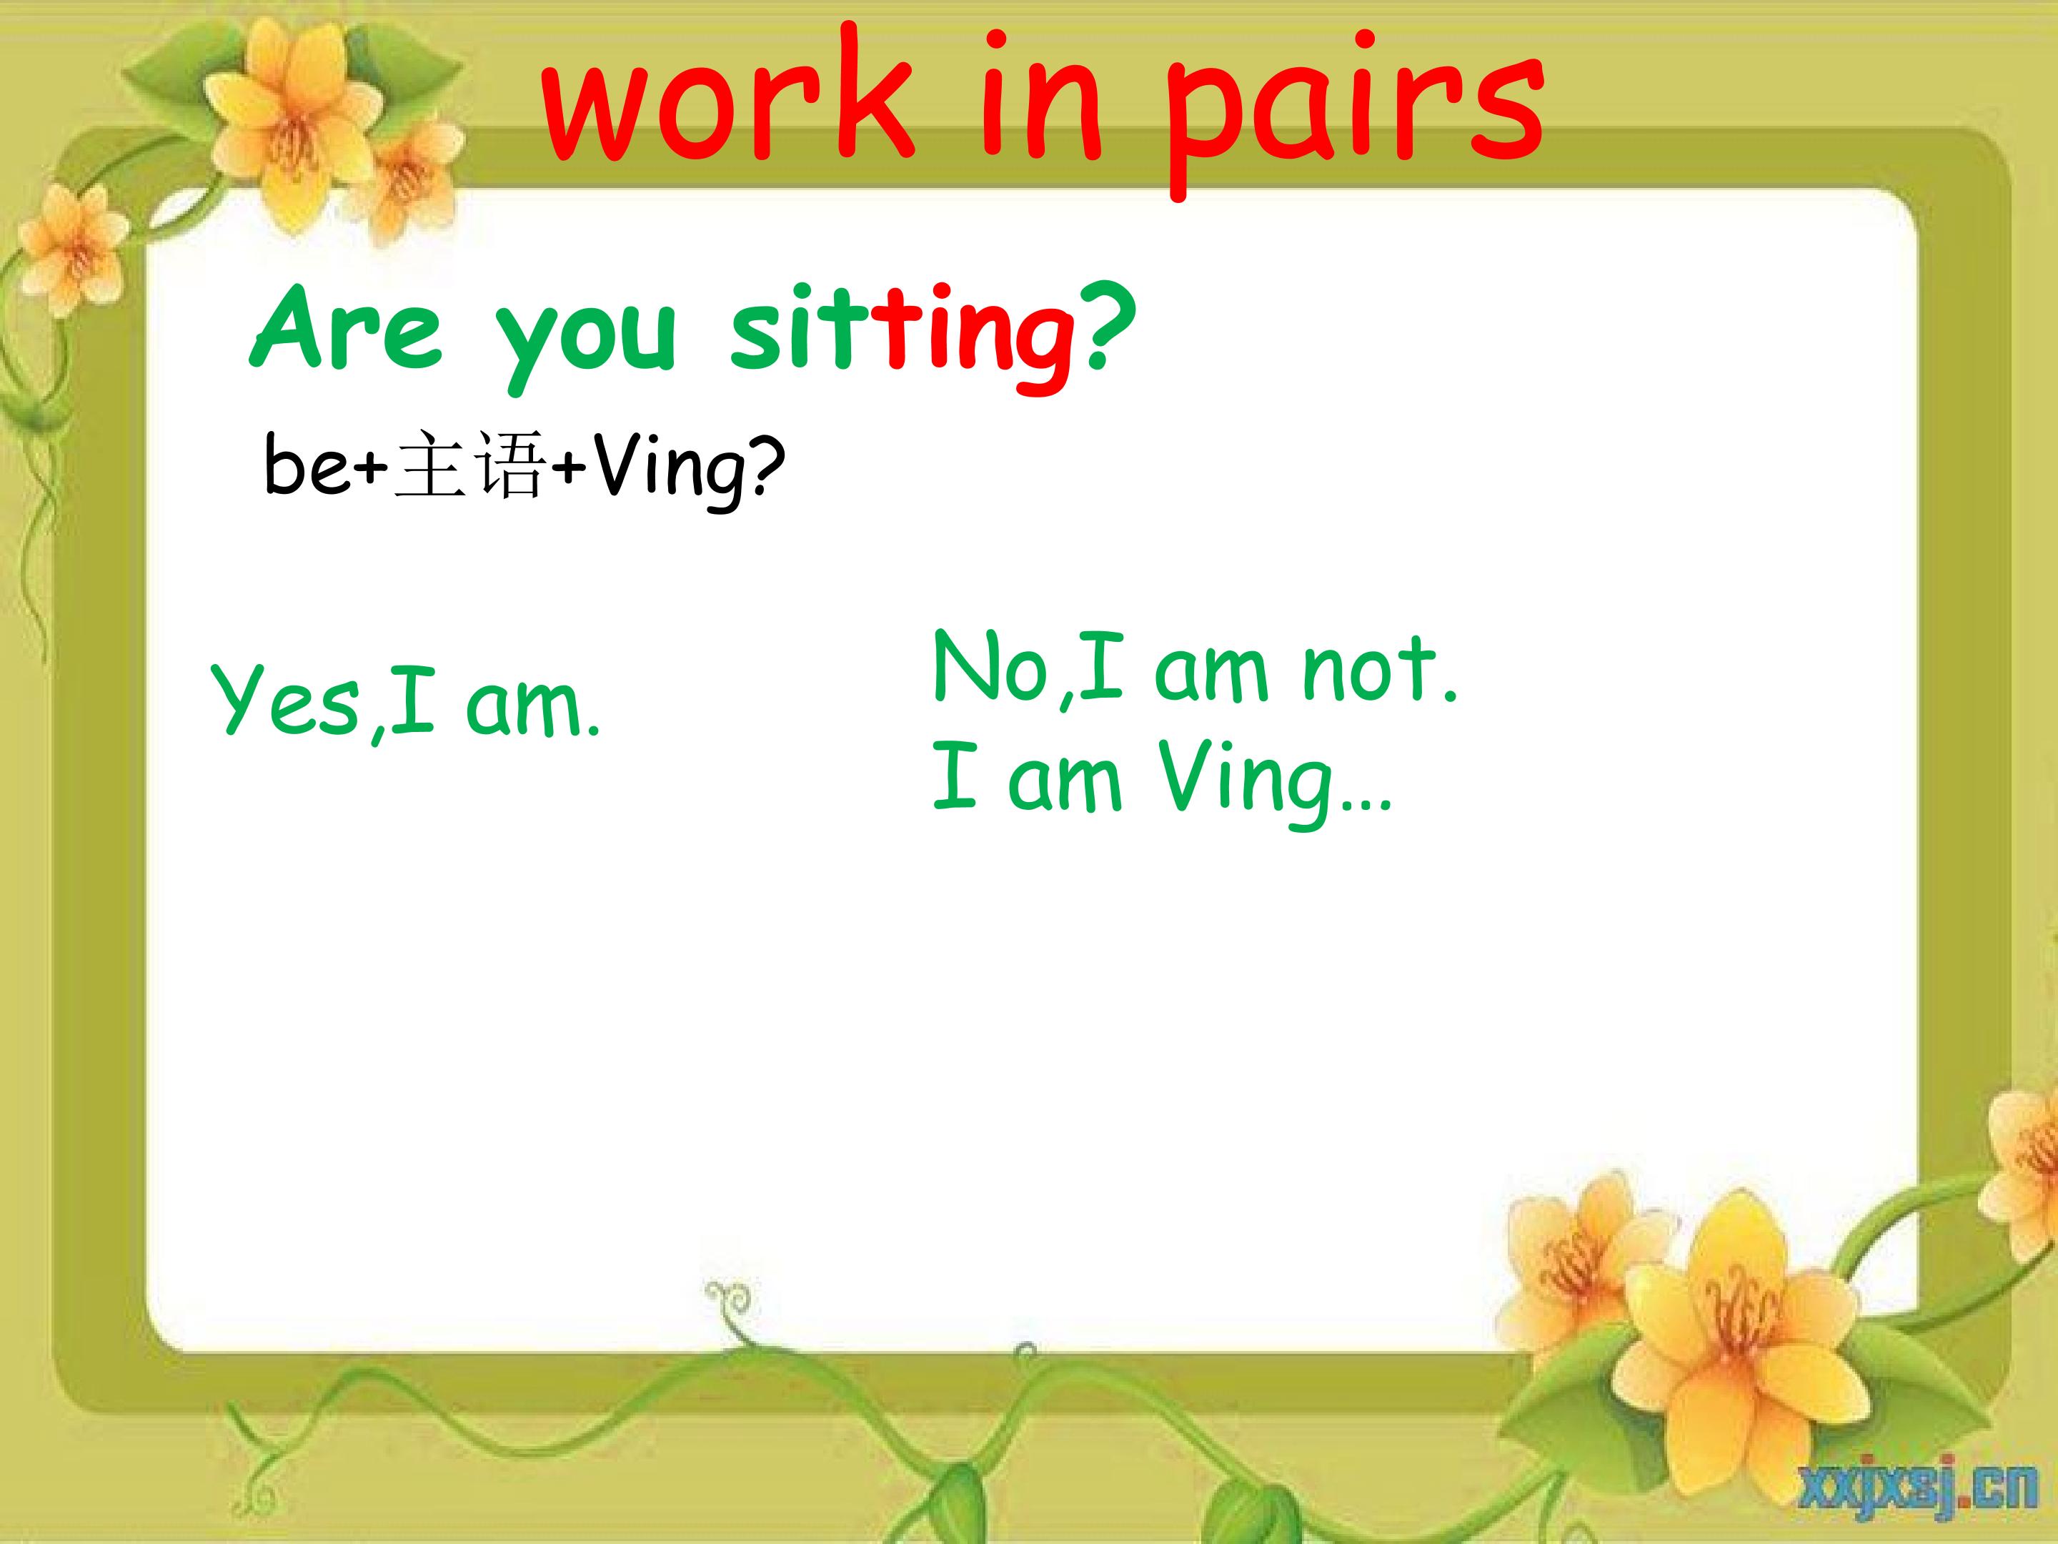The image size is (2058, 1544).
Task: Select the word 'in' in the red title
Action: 1041,98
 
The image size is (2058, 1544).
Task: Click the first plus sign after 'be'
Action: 371,466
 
